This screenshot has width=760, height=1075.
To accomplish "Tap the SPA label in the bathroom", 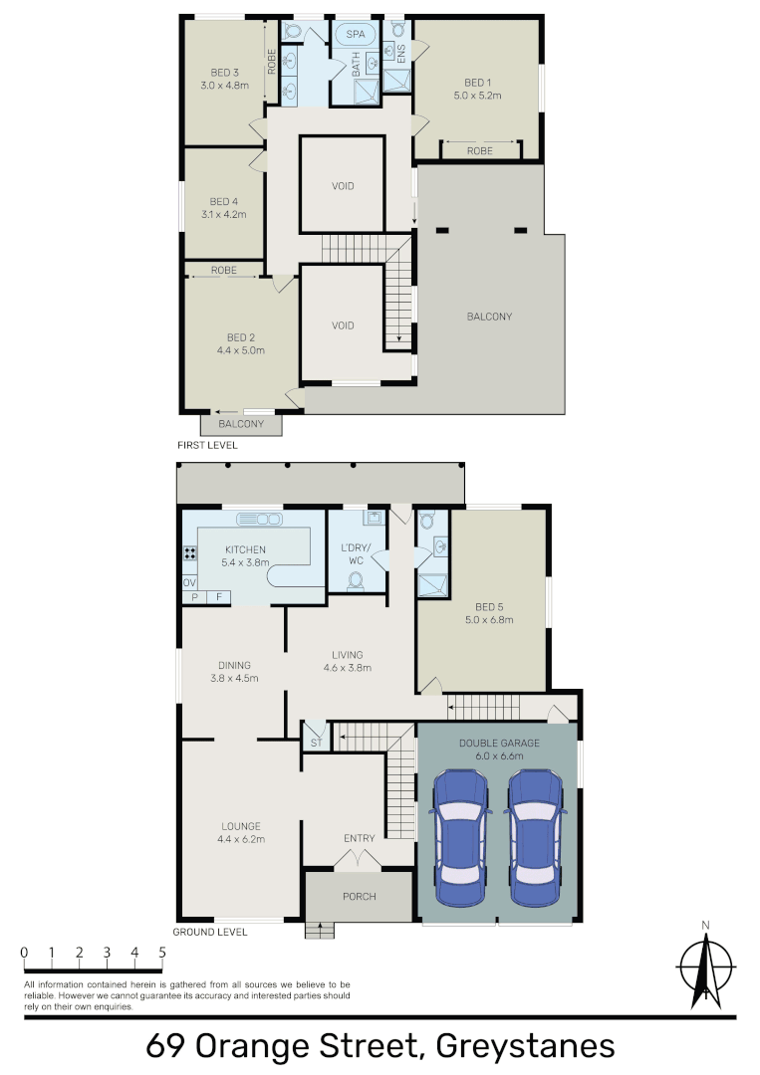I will (x=356, y=34).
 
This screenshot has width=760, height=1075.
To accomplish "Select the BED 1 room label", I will (x=478, y=83).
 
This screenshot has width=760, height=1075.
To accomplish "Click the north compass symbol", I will (x=705, y=966).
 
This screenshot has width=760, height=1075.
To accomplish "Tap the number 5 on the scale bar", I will (x=161, y=953).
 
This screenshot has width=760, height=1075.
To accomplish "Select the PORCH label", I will (x=359, y=897).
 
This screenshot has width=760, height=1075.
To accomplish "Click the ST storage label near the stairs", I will (x=316, y=743).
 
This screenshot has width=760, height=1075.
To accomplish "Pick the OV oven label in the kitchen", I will (x=188, y=582).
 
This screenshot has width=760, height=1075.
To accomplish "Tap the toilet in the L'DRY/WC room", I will (x=357, y=580).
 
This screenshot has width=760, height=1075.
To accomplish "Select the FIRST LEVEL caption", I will (x=207, y=445).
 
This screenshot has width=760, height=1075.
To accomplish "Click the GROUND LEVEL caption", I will (x=209, y=933).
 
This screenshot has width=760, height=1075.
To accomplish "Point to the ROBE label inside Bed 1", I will (x=480, y=151).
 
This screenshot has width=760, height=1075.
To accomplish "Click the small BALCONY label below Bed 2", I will (x=240, y=424).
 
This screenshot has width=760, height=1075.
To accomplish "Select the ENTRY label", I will (x=359, y=838).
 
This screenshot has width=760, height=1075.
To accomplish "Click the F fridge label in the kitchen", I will (x=218, y=597).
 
